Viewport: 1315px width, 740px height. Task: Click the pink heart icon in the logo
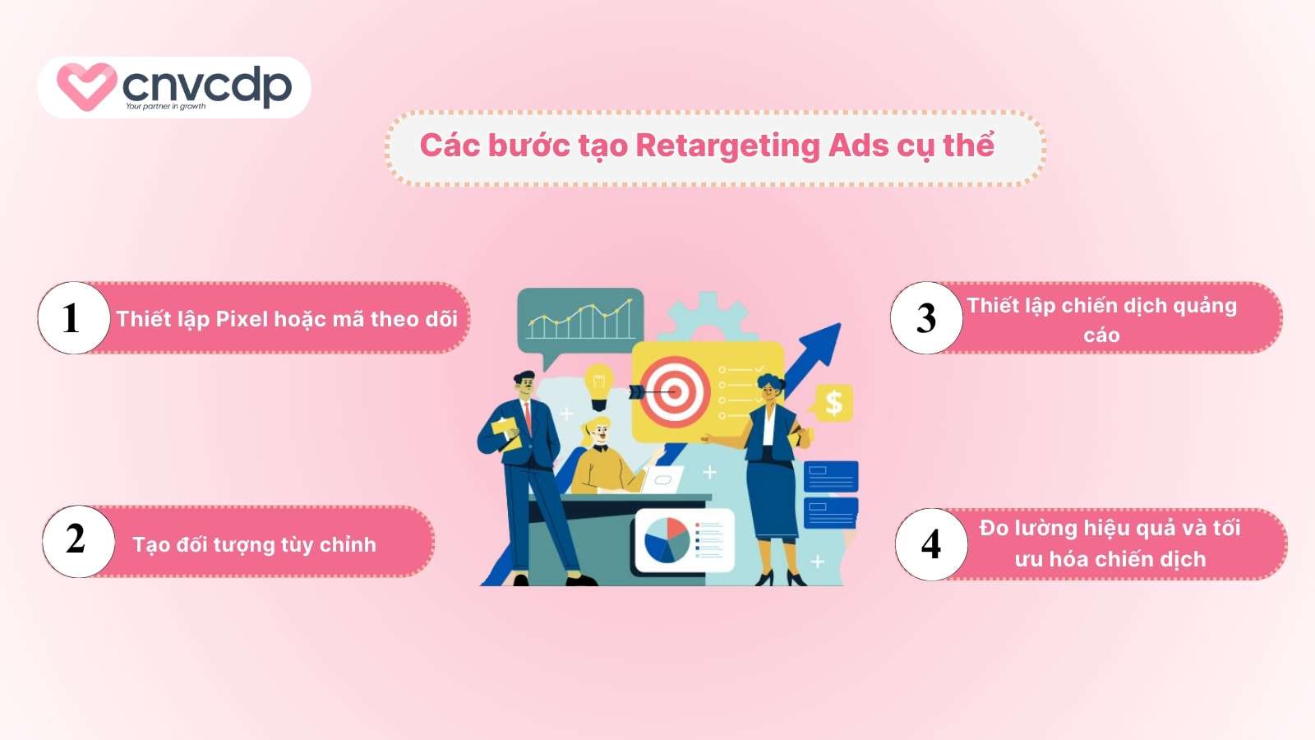point(86,86)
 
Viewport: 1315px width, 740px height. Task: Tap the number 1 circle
point(74,317)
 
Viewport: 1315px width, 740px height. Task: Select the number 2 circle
point(79,541)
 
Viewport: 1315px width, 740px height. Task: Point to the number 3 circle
point(926,317)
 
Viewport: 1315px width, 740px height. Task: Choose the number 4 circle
point(931,544)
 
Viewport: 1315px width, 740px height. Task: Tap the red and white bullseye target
point(675,391)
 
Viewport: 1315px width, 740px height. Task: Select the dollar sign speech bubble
point(831,403)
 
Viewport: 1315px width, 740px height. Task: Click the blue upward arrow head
point(821,345)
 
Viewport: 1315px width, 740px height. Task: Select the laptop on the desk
point(663,479)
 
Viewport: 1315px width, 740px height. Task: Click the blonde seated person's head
point(597,432)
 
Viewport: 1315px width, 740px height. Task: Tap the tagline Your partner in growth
point(165,106)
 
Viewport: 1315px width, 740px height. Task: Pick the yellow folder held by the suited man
point(505,433)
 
